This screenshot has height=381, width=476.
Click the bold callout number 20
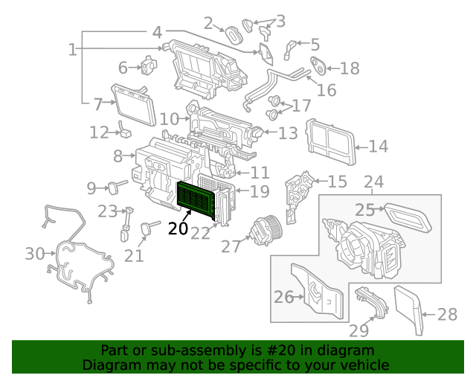coord(178,228)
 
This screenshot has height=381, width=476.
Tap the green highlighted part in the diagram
coord(198,199)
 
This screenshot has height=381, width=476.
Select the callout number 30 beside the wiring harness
coord(34,254)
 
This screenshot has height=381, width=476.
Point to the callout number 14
coord(378,147)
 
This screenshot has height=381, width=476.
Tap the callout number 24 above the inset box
coord(373,182)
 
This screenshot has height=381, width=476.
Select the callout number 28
coord(447,315)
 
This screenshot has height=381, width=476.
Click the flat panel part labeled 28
coord(408,309)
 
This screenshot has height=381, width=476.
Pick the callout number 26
coord(283,297)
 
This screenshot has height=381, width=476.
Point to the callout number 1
coord(72,50)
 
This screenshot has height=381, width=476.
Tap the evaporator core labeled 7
coord(134,105)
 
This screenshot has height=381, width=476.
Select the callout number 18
coord(349,68)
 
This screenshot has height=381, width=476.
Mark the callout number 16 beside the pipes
coord(327,90)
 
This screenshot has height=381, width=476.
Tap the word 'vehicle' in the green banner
coord(364,365)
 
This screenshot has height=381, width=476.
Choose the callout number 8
coord(118,156)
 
